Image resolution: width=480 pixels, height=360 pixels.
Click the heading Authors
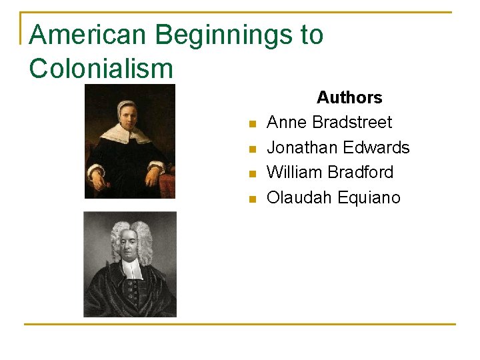pyautogui.click(x=349, y=97)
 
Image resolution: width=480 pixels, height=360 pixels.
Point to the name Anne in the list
pyautogui.click(x=287, y=123)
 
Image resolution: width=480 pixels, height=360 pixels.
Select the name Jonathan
pyautogui.click(x=303, y=147)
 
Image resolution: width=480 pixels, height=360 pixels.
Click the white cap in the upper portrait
pyautogui.click(x=127, y=105)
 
